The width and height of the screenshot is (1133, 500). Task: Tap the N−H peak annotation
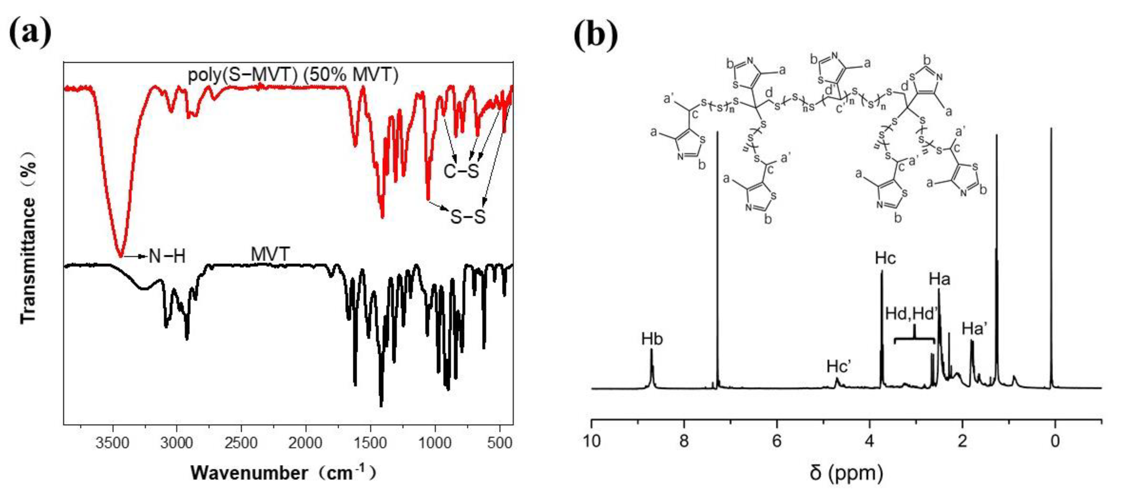tap(167, 256)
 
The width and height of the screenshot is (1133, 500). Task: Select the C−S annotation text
tap(461, 170)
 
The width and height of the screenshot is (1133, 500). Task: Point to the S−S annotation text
tap(468, 216)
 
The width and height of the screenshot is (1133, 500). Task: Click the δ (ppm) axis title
tap(846, 473)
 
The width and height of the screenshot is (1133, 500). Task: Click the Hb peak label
tap(652, 339)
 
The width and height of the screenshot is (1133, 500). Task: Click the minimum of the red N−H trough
tap(120, 256)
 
